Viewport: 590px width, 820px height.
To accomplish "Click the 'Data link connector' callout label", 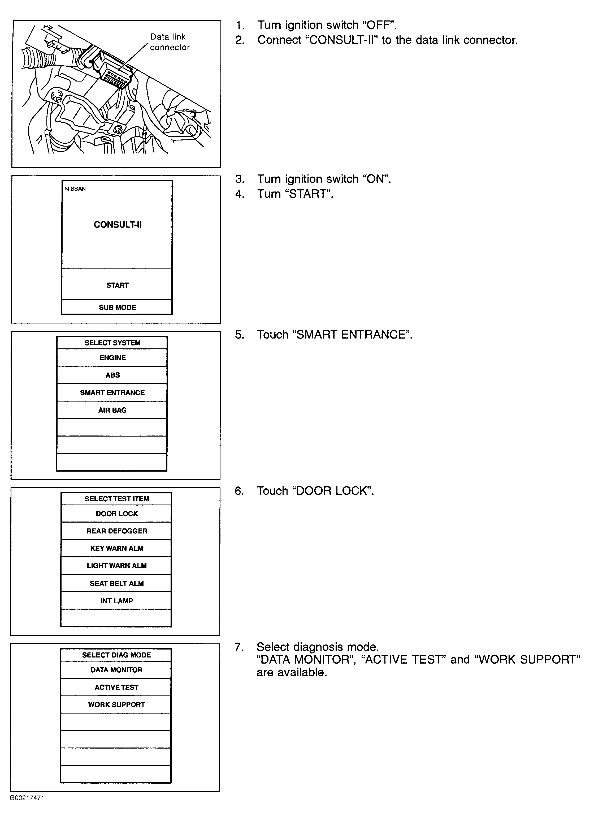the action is click(x=170, y=42).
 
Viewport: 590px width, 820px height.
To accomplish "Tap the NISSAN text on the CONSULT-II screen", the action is click(x=75, y=188).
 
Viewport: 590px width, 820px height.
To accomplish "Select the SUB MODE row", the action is click(x=117, y=307).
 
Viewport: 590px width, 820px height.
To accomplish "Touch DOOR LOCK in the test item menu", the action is click(x=116, y=513).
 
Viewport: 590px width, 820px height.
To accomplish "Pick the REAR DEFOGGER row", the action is click(x=116, y=531).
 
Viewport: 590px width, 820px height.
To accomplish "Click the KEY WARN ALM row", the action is click(x=116, y=548).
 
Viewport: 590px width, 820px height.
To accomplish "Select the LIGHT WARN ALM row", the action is click(x=116, y=565).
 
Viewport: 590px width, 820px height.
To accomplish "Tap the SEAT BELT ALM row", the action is click(x=116, y=583).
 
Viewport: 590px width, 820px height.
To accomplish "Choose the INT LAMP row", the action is click(x=116, y=601).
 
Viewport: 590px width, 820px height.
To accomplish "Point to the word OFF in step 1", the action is click(x=379, y=25).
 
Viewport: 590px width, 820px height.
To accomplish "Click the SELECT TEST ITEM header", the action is click(x=116, y=499).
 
